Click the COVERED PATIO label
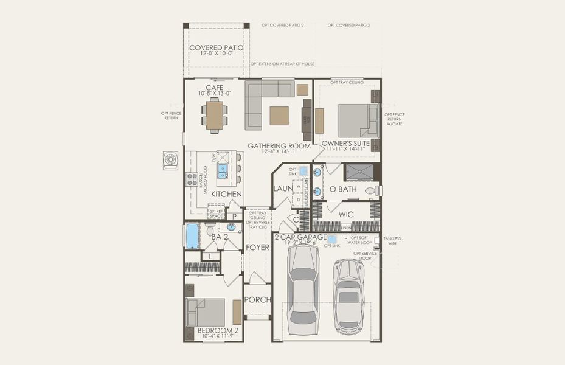[x=217, y=47]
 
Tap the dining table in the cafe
[x=214, y=116]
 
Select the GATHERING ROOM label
[x=279, y=146]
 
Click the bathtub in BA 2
[x=192, y=236]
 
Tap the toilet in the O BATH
[x=372, y=190]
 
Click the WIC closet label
[x=346, y=214]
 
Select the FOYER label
[x=257, y=247]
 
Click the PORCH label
[x=257, y=300]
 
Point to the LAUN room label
[x=282, y=189]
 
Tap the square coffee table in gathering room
[x=279, y=115]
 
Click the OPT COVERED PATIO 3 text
[x=348, y=26]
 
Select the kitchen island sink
[x=223, y=169]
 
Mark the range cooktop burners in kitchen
[x=192, y=178]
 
